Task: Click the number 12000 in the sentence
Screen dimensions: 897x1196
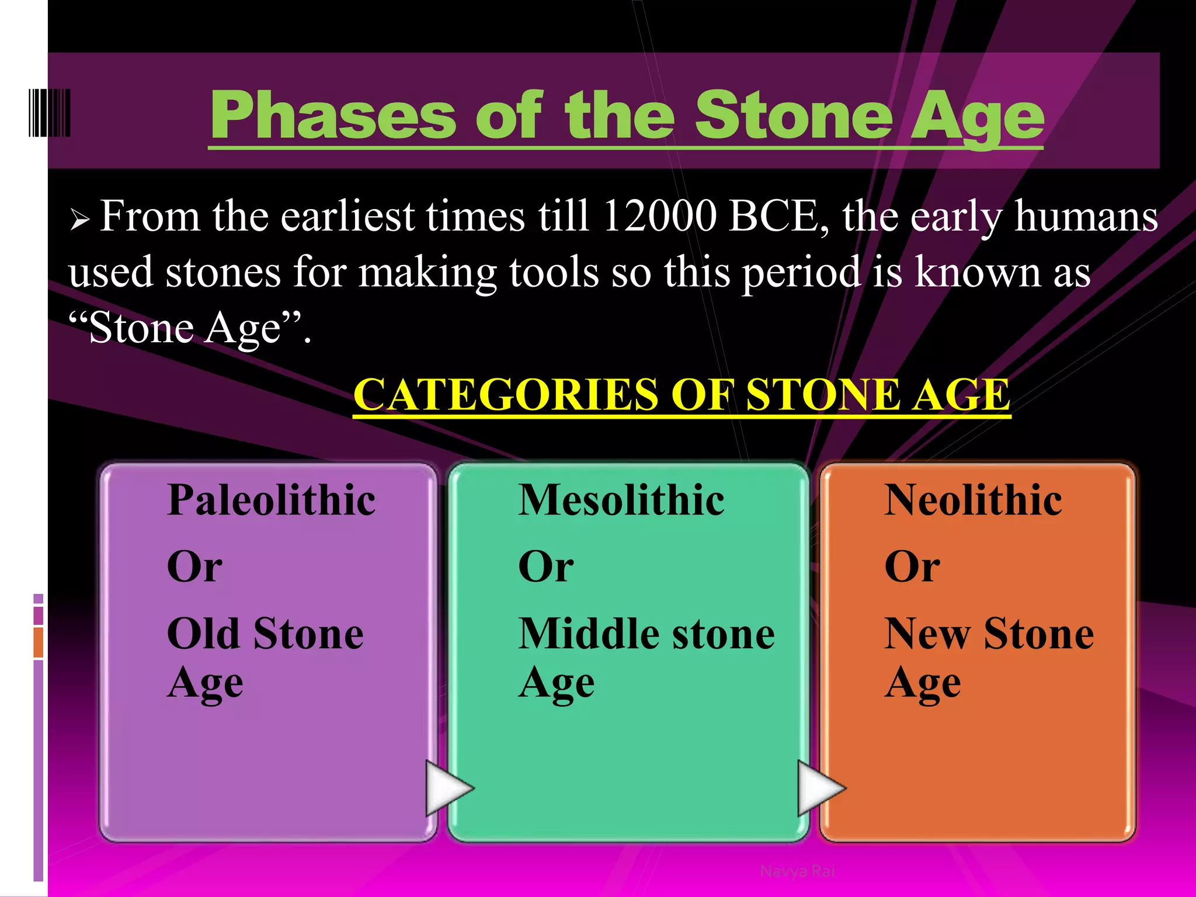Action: click(659, 217)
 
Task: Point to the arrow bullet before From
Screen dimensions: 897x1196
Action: click(79, 221)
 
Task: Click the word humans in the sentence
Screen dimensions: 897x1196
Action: click(1086, 217)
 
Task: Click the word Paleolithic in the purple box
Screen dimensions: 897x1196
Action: click(271, 500)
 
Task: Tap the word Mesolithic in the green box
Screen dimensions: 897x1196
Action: click(621, 500)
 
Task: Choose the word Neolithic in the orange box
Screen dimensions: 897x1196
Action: click(973, 500)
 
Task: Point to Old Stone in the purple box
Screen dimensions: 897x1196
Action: click(265, 634)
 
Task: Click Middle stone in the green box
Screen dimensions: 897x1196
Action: click(646, 634)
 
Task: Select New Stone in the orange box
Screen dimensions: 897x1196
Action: click(989, 634)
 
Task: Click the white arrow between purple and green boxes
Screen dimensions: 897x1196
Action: click(447, 788)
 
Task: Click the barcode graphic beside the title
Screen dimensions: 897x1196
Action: click(50, 113)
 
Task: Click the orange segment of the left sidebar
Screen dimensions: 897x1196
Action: click(39, 642)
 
